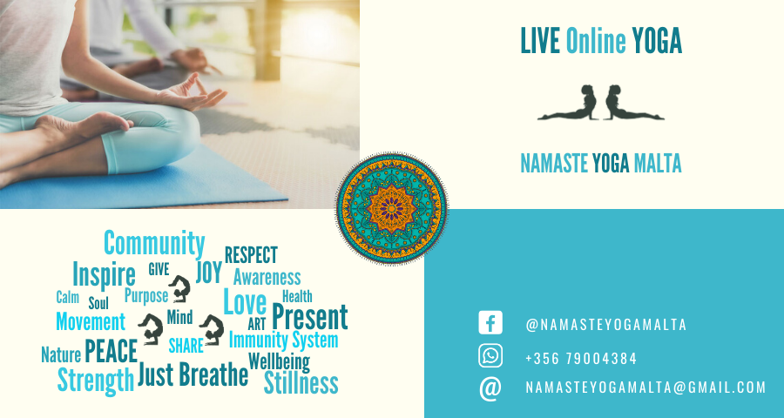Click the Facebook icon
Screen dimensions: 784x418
click(x=490, y=322)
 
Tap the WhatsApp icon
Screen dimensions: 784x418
click(x=490, y=356)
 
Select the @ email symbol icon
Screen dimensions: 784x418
click(x=490, y=388)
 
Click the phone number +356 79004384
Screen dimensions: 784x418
click(x=581, y=359)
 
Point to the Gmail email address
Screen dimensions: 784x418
click(x=645, y=388)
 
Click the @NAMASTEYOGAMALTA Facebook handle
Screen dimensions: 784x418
click(x=606, y=325)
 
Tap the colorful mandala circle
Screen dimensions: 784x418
click(x=391, y=208)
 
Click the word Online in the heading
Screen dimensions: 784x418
click(x=596, y=41)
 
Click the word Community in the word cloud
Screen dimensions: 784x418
click(x=154, y=244)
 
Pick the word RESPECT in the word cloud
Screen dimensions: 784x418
click(x=251, y=255)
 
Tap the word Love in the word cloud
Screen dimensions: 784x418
click(x=245, y=302)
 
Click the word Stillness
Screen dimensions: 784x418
click(x=301, y=383)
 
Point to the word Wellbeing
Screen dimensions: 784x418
click(x=279, y=361)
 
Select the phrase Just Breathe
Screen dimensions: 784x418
click(x=193, y=374)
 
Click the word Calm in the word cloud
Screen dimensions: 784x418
click(x=67, y=297)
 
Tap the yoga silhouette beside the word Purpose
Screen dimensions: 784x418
click(x=180, y=289)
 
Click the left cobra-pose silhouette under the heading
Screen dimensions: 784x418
click(x=567, y=103)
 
